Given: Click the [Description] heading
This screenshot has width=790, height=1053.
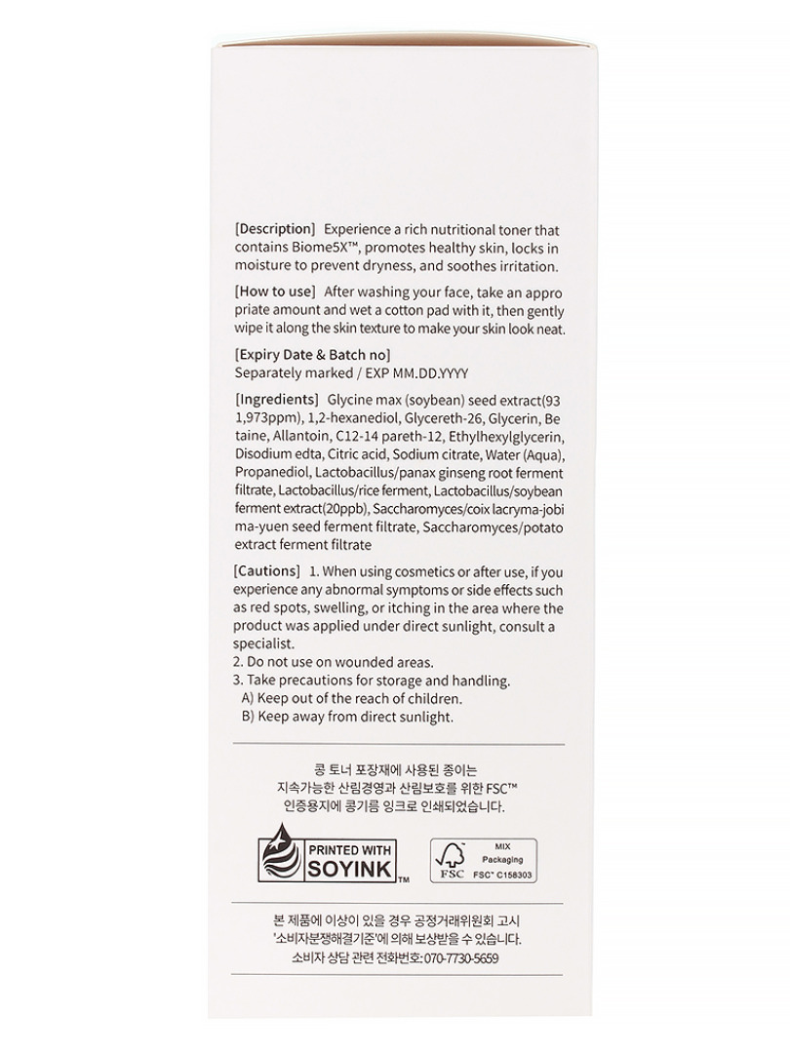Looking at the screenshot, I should pyautogui.click(x=275, y=229).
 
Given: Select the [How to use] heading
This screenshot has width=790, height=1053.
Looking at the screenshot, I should pyautogui.click(x=275, y=292).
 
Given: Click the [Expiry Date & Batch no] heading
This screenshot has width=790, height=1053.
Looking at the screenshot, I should pyautogui.click(x=313, y=354).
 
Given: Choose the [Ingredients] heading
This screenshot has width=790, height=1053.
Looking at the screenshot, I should pyautogui.click(x=278, y=400).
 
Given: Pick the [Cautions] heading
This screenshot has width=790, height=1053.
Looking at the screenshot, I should pyautogui.click(x=267, y=570).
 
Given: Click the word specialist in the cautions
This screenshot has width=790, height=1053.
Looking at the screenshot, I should pyautogui.click(x=263, y=643).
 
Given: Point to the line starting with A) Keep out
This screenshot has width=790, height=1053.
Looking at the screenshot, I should pyautogui.click(x=351, y=698).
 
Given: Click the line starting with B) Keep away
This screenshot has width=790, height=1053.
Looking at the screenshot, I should pyautogui.click(x=347, y=717).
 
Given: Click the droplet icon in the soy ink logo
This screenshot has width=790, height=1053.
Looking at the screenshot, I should pyautogui.click(x=279, y=854).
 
